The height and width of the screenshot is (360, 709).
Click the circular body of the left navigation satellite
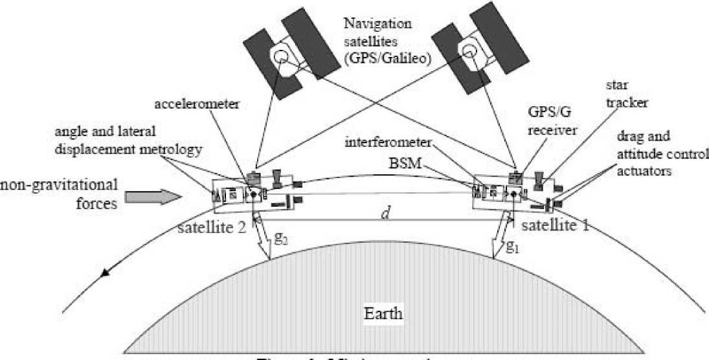click(280, 56)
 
